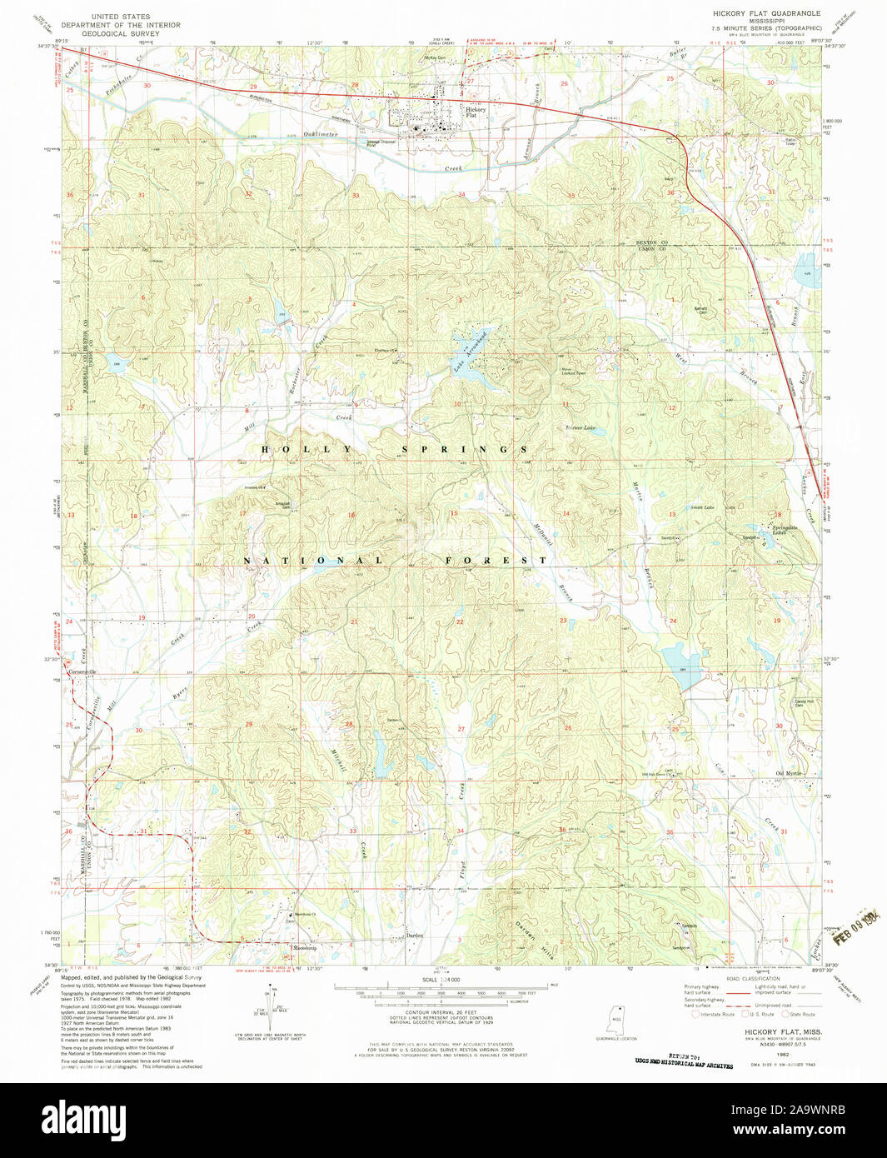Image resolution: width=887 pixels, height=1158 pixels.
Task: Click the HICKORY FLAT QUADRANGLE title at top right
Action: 765,13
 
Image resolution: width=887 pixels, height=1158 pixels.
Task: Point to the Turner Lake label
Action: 581,428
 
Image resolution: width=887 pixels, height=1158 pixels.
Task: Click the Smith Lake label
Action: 701,507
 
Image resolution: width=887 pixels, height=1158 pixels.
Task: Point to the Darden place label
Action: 415,936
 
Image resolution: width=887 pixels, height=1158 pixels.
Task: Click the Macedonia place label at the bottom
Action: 303,948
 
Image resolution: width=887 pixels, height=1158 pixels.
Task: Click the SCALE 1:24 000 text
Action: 440,980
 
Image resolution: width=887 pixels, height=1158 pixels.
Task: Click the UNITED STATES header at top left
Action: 121,17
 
